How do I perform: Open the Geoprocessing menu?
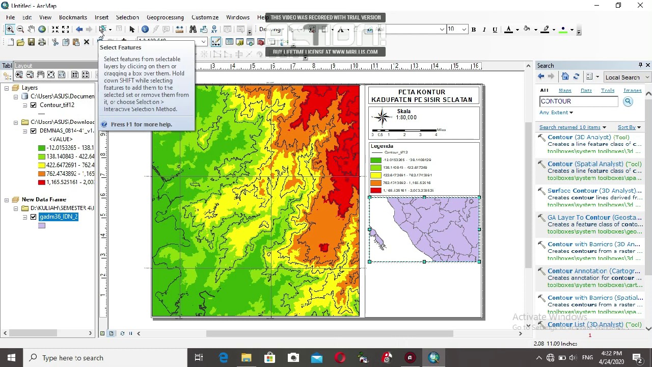[x=165, y=17]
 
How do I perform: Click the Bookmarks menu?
[x=73, y=17]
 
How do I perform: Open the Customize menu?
[x=205, y=17]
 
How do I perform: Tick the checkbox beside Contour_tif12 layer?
[x=34, y=105]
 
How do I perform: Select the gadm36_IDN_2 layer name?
[x=59, y=217]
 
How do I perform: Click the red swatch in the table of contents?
[x=42, y=182]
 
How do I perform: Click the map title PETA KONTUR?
[x=422, y=92]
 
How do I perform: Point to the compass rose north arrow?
[x=382, y=117]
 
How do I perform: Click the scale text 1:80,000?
[x=406, y=117]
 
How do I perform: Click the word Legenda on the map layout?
[x=382, y=146]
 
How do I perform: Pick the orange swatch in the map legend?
[x=376, y=182]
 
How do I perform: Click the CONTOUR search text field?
[x=579, y=101]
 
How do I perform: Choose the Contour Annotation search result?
[x=593, y=271]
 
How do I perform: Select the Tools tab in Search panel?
[x=607, y=90]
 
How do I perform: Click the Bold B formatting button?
[x=473, y=30]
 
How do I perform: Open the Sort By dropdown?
[x=629, y=127]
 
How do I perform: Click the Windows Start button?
[x=11, y=358]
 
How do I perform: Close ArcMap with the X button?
[x=640, y=6]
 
